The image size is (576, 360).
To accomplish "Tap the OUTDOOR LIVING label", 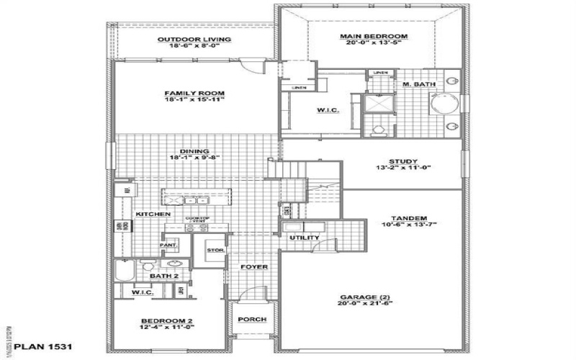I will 194,39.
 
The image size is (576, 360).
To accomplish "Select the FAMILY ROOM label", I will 194,94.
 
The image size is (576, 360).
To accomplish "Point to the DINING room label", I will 179,150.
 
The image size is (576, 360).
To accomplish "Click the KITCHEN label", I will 153,215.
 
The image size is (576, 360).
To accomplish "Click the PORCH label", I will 251,320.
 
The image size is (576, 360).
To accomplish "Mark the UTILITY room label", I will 299,238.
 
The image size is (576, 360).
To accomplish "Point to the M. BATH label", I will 418,85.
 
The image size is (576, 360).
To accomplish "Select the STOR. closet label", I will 216,251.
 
